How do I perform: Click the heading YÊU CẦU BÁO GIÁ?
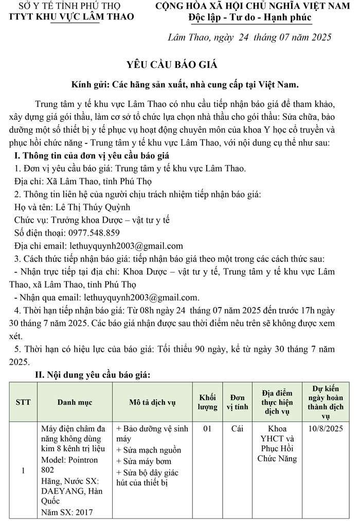click(172, 65)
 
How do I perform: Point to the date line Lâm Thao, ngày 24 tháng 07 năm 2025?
click(250, 38)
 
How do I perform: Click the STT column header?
click(23, 402)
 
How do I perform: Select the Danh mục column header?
click(75, 402)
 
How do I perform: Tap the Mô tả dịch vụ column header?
click(152, 402)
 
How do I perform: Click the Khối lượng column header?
click(207, 402)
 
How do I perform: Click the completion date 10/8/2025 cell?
click(326, 428)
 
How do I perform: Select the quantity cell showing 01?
click(207, 428)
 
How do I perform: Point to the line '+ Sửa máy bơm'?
click(144, 461)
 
